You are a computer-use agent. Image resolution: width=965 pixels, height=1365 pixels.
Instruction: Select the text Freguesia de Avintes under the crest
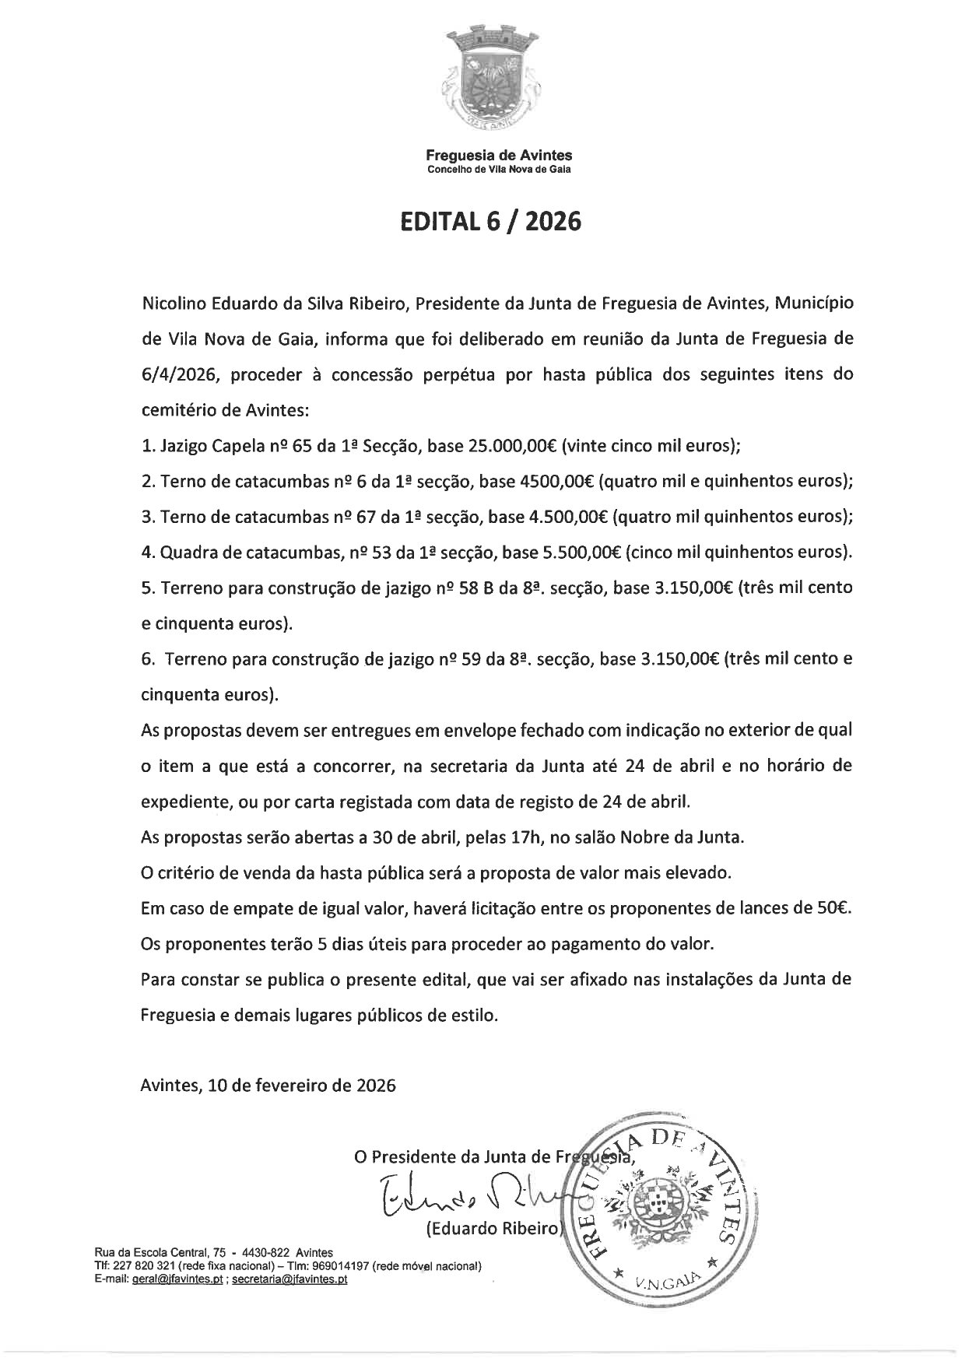tap(500, 156)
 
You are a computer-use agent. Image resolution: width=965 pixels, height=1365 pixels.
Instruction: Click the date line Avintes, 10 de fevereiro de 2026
tap(268, 1085)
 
